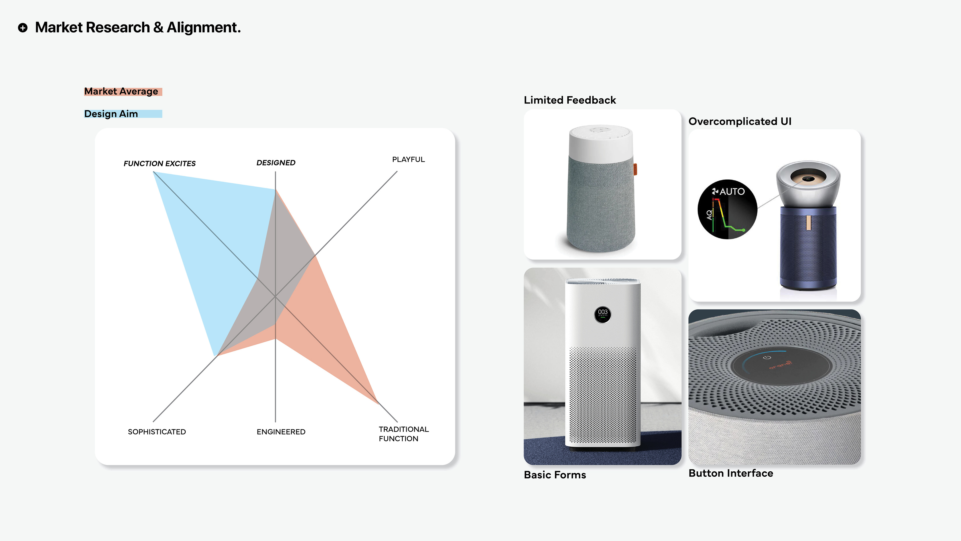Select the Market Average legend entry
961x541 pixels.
(121, 91)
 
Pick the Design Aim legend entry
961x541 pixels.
(111, 114)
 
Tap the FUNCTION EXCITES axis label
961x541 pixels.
(159, 164)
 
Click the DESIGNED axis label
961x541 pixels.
(276, 163)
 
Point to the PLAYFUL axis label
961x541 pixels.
(408, 160)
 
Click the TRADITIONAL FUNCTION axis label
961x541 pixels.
(403, 434)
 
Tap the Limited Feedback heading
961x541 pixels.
(570, 100)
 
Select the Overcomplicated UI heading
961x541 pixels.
(740, 121)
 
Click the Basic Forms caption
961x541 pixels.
(555, 475)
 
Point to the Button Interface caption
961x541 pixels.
(731, 473)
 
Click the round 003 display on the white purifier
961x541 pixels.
(602, 314)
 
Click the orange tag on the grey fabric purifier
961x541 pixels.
(635, 169)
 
